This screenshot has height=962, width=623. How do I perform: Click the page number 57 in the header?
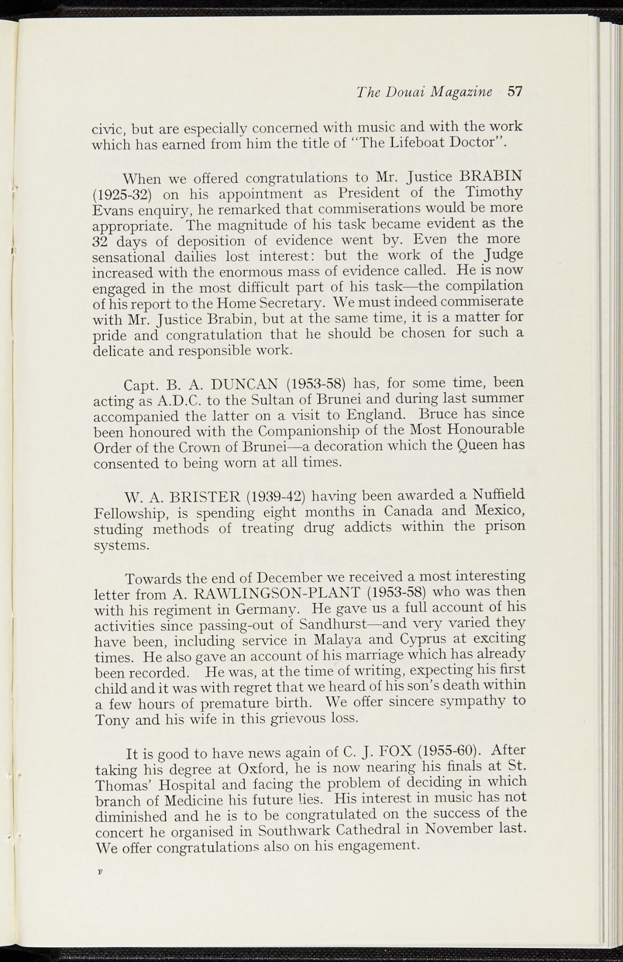pyautogui.click(x=515, y=91)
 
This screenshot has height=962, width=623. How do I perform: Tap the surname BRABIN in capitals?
pyautogui.click(x=491, y=177)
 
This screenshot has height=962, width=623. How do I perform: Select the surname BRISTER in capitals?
pyautogui.click(x=204, y=497)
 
